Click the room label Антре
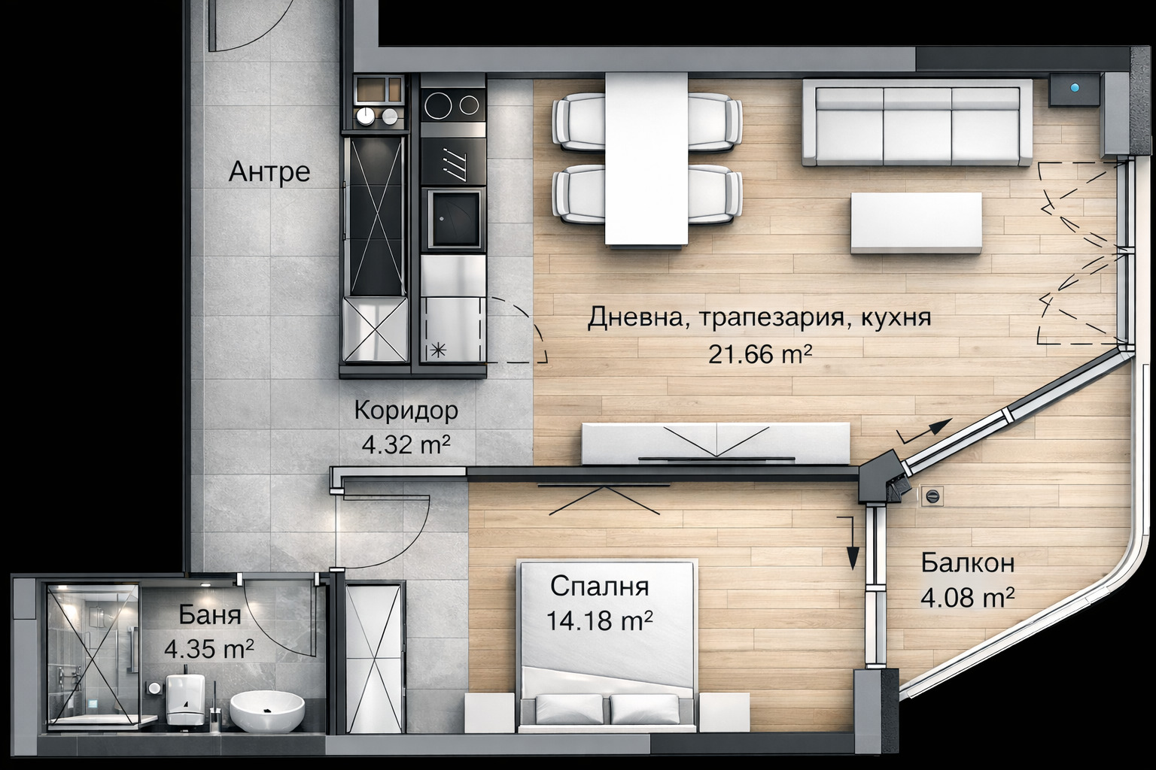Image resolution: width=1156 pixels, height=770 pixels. click(269, 172)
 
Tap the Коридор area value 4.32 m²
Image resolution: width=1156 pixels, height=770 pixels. click(406, 444)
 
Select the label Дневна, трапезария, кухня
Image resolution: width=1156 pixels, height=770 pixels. click(759, 317)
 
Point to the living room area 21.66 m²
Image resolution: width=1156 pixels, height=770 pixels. click(759, 353)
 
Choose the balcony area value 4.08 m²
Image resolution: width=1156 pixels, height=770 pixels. click(967, 598)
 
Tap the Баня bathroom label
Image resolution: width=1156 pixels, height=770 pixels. click(210, 614)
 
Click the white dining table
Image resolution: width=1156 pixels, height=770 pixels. click(646, 158)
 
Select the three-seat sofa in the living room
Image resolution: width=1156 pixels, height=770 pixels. click(917, 122)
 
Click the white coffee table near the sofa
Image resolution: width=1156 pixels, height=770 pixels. click(916, 223)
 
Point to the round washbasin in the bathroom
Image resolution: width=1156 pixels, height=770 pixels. click(267, 711)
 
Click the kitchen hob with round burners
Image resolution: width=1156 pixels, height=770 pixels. click(452, 105)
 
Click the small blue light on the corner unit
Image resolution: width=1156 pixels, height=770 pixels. click(1076, 87)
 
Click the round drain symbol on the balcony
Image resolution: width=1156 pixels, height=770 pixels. click(932, 496)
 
